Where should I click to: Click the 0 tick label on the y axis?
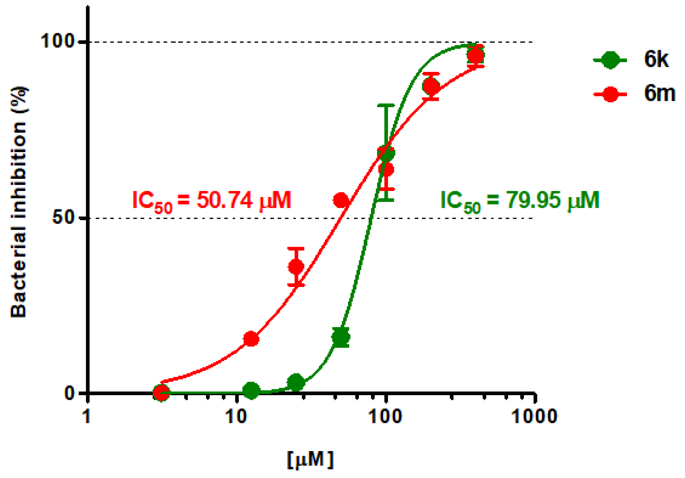click(69, 393)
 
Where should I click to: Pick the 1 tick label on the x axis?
click(87, 416)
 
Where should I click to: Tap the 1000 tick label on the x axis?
click(534, 416)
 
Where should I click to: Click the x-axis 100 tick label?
click(385, 416)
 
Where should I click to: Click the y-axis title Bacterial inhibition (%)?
click(18, 202)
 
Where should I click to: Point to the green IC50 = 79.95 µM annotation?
click(520, 201)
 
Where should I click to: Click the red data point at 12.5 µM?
click(251, 339)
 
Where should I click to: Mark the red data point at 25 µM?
click(296, 266)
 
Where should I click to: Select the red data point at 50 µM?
click(341, 200)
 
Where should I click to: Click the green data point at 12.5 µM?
click(251, 390)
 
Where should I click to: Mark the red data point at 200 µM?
click(431, 86)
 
